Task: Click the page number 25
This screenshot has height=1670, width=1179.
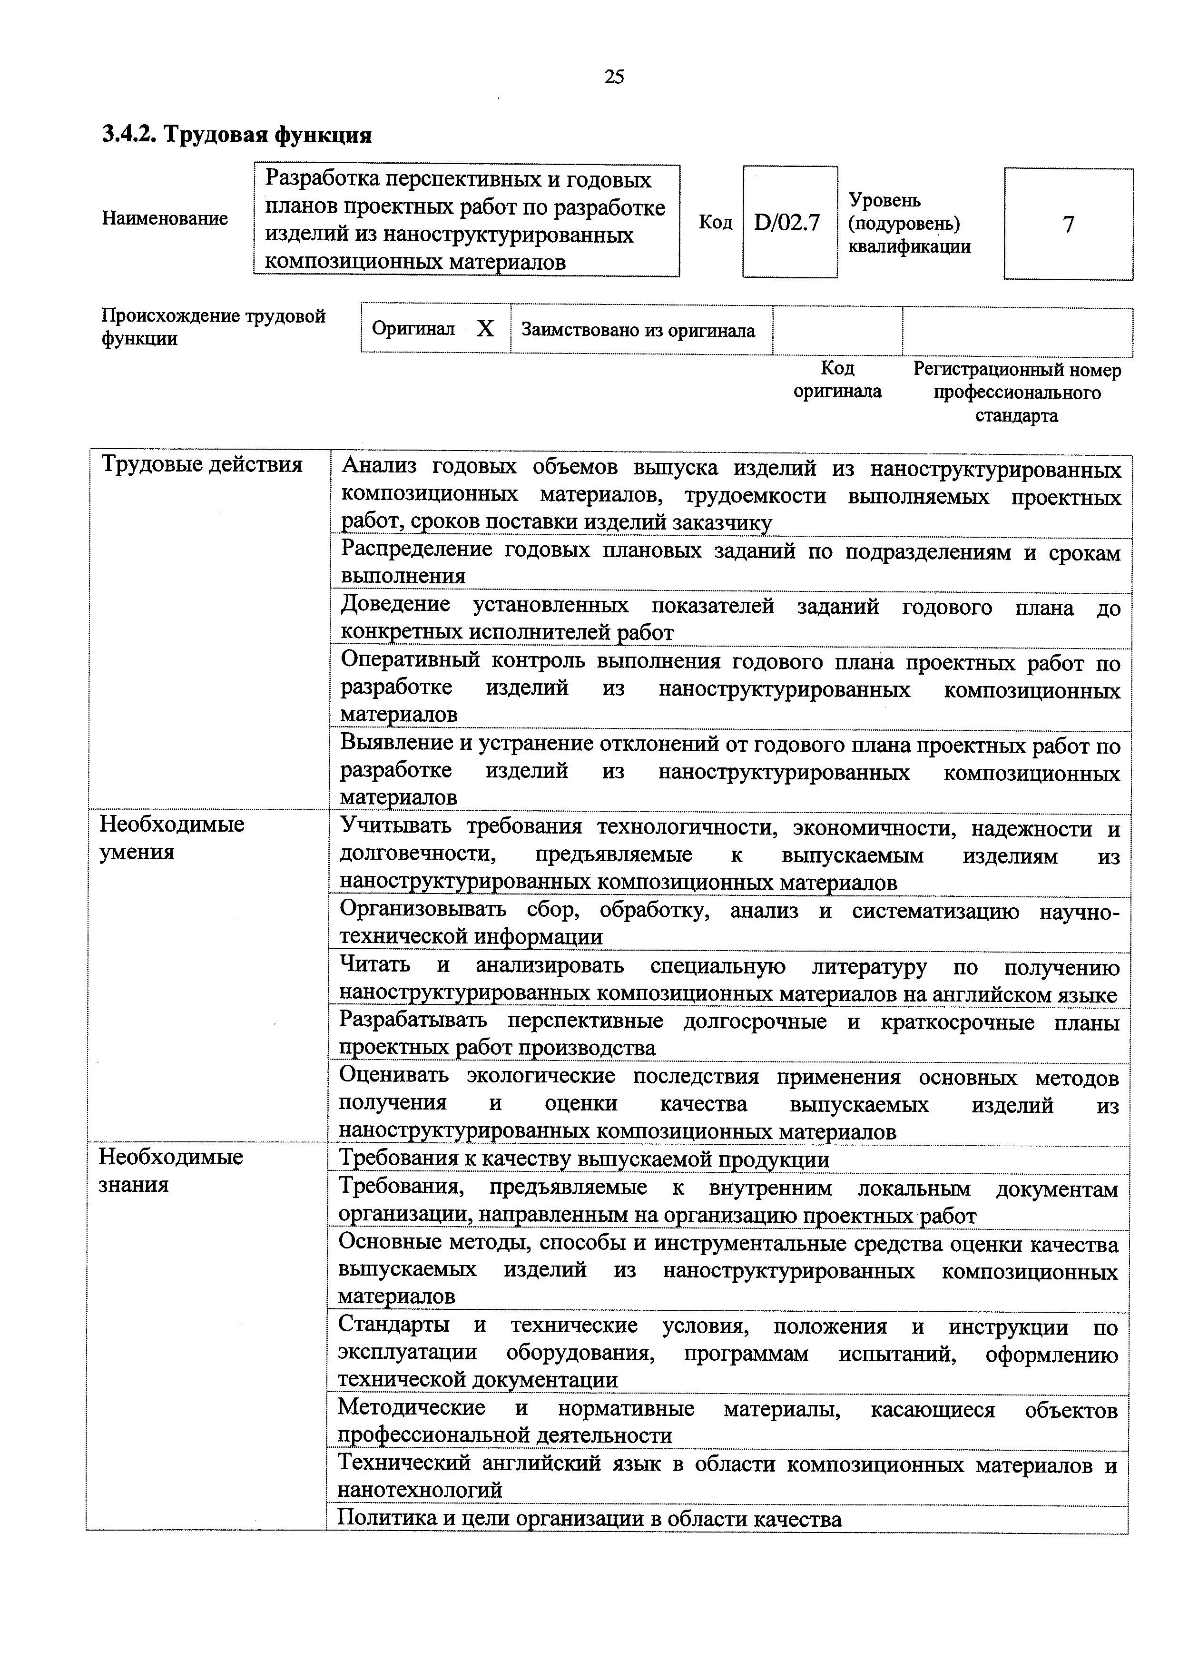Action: [614, 77]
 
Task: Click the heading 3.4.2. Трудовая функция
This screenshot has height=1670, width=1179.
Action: [236, 135]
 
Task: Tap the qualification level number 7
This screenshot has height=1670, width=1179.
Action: [1068, 225]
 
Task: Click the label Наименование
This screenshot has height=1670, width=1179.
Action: [164, 219]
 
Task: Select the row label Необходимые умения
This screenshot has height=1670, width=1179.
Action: [172, 838]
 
